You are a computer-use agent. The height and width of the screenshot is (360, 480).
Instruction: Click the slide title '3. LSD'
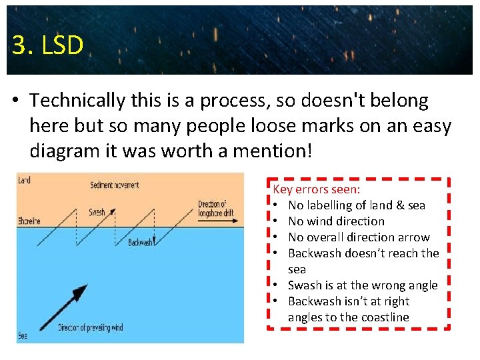tap(47, 45)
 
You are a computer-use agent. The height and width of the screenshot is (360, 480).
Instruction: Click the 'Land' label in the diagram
tap(24, 180)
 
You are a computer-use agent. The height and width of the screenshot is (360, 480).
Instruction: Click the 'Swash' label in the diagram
tap(97, 213)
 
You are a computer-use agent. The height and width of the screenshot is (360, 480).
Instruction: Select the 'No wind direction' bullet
tap(336, 221)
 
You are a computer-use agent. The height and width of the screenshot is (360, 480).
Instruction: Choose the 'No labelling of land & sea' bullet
tap(356, 205)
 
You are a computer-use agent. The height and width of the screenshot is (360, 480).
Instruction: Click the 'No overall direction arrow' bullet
tap(359, 237)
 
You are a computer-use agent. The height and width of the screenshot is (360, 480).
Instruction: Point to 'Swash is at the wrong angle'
tap(362, 285)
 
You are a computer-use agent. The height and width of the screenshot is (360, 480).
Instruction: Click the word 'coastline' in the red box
tap(383, 317)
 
